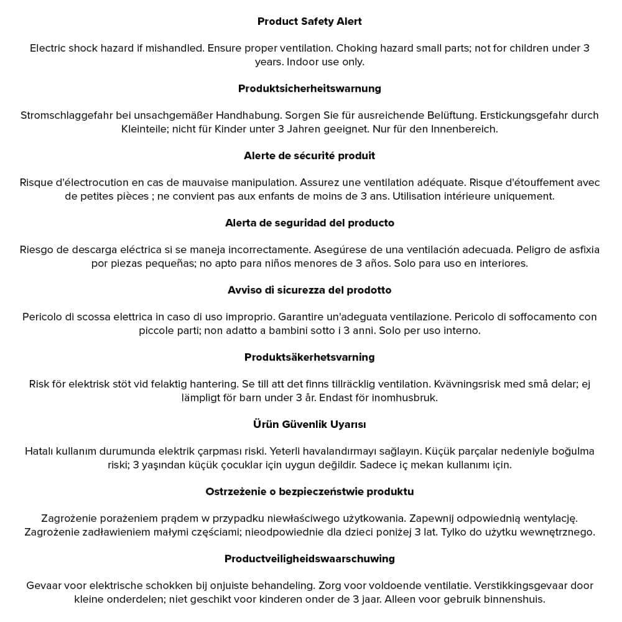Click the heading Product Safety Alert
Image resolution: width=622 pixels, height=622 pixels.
click(309, 21)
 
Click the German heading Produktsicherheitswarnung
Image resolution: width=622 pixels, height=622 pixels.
click(309, 88)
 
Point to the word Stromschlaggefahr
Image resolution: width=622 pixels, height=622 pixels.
click(65, 115)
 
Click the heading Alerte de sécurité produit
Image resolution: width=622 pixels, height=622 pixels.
click(309, 155)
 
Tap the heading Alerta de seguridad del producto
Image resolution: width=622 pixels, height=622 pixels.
click(309, 223)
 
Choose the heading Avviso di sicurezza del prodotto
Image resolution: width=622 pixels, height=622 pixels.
click(309, 290)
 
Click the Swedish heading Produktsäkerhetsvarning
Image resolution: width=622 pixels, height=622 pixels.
click(309, 357)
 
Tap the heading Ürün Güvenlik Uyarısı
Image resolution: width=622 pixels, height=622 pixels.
click(309, 424)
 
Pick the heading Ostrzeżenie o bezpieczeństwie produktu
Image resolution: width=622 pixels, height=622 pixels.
click(309, 491)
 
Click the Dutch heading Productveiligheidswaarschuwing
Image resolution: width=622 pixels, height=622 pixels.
click(309, 559)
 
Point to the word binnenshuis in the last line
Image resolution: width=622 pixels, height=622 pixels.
click(516, 599)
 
